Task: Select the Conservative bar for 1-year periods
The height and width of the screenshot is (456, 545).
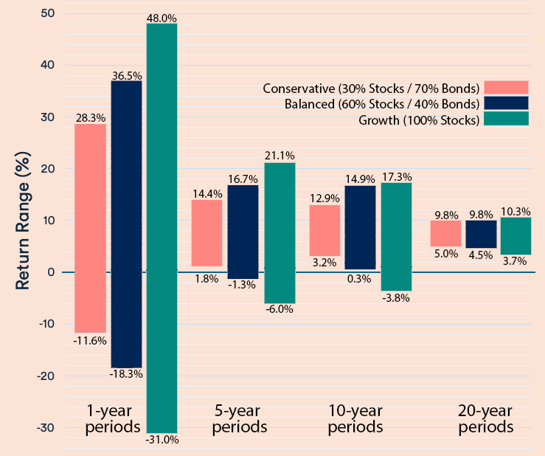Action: coord(90,228)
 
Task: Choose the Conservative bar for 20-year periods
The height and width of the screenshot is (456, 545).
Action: coord(446,233)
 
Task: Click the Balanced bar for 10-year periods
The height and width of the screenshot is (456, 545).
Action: coord(360,227)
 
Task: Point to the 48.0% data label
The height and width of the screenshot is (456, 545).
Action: coord(162,17)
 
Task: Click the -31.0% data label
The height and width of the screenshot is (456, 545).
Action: coord(162,440)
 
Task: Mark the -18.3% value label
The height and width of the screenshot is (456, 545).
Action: coord(126,374)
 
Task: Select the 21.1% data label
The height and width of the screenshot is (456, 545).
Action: coord(280,156)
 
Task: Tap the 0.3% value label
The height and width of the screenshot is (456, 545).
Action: coord(360,278)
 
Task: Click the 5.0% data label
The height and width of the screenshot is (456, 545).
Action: coord(446,254)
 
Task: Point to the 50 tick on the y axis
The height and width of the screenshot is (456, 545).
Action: coord(46,13)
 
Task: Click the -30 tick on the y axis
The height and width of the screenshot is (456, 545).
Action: coord(44,428)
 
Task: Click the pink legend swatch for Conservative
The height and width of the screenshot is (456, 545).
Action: coord(506,88)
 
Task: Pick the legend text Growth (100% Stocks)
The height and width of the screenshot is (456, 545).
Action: coord(419,120)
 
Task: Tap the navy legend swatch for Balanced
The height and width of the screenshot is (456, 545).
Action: coord(506,103)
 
